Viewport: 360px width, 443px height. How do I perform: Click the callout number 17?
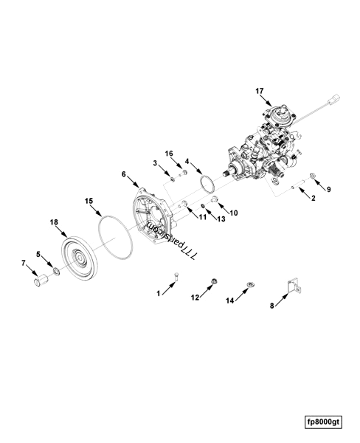pos(260,91)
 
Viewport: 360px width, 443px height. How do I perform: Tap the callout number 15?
pos(89,201)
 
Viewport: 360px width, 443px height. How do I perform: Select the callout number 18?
pos(54,222)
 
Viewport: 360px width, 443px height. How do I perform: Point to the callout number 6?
pos(124,174)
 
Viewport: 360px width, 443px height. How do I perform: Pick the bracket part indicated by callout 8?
pos(294,286)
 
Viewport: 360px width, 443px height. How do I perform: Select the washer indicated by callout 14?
pos(250,284)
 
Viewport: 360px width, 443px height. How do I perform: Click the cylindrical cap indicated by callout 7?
pos(41,279)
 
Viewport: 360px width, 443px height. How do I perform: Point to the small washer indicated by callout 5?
pos(57,272)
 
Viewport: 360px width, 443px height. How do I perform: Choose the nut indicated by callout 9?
pos(313,176)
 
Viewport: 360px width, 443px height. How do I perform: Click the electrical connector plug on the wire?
pos(334,100)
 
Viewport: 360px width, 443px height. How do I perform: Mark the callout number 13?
pos(221,219)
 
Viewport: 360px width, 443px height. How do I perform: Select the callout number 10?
pos(234,213)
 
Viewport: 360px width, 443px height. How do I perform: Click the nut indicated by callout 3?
pos(172,179)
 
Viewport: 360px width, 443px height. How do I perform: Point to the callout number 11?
pos(202,217)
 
